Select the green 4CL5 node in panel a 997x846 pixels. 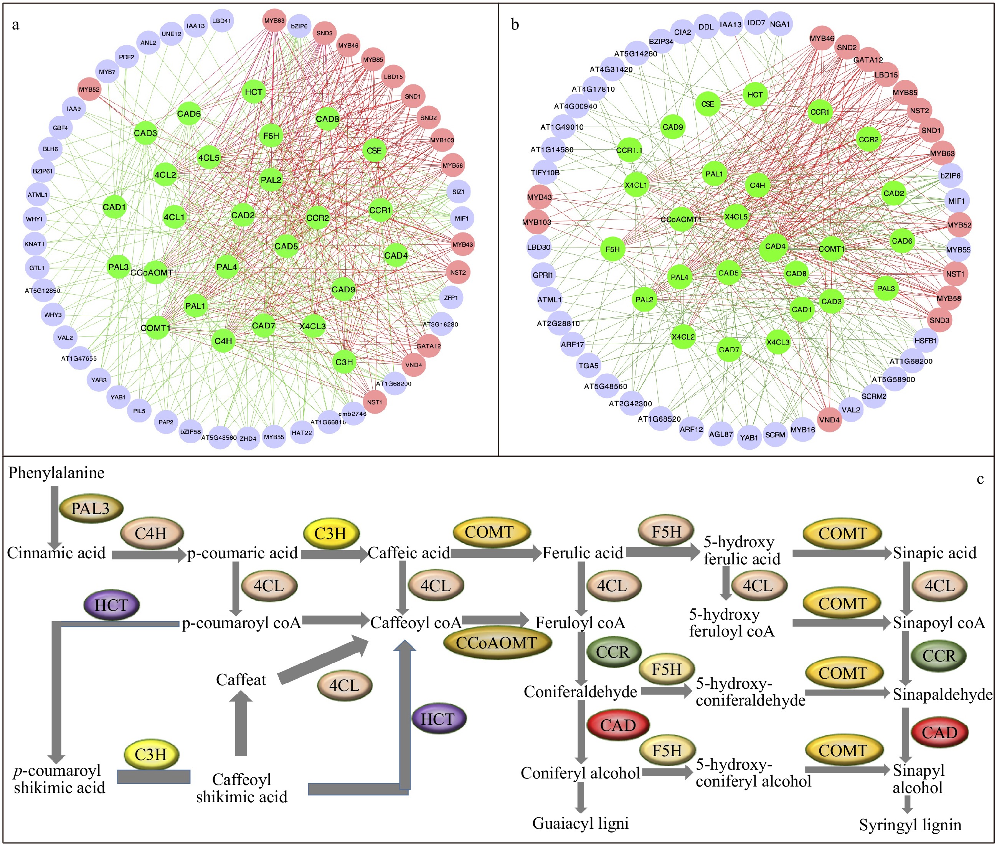[209, 158]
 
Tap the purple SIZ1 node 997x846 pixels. [458, 191]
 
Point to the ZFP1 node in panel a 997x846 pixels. [451, 298]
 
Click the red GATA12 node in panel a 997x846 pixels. [428, 346]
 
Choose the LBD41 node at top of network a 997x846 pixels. [222, 21]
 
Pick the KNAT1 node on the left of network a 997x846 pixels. [35, 244]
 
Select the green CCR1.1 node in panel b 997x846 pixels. [629, 150]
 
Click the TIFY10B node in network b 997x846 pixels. [545, 172]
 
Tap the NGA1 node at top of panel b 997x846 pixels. [780, 24]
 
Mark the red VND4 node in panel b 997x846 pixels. [829, 420]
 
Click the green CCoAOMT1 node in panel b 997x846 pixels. [681, 219]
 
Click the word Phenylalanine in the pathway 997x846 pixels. [56, 473]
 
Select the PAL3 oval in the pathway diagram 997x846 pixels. [91, 508]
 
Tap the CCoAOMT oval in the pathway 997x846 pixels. [496, 643]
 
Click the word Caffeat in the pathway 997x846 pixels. [241, 679]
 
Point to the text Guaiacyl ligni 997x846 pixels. [580, 823]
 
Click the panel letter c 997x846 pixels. [980, 479]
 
